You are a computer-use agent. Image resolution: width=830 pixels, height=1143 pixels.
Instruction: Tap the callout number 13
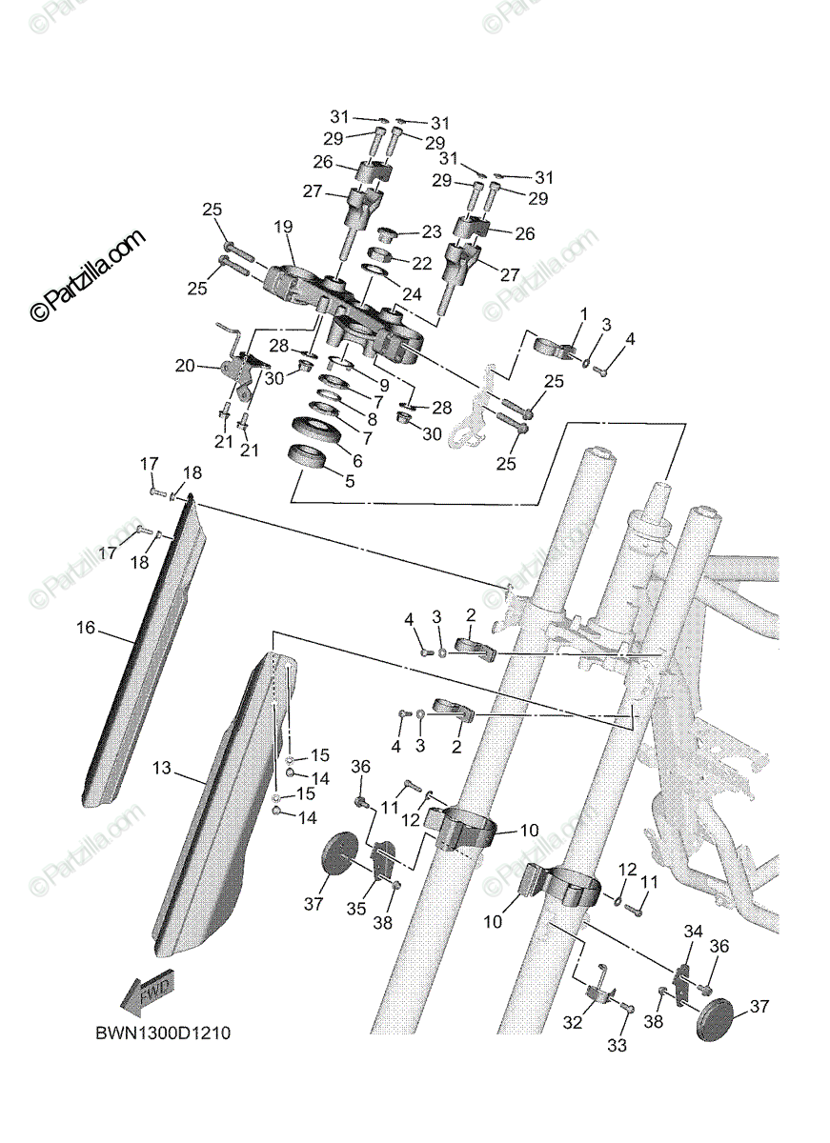click(161, 767)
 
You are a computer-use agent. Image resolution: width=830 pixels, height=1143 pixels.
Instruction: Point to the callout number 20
click(185, 364)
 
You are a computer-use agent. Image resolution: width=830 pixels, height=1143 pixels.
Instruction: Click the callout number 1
click(584, 313)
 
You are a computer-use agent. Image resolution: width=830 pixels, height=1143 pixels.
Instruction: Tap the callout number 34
click(693, 931)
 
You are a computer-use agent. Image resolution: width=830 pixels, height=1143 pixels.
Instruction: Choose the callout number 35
click(355, 909)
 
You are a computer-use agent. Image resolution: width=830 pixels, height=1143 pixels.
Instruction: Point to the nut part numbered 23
click(387, 234)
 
